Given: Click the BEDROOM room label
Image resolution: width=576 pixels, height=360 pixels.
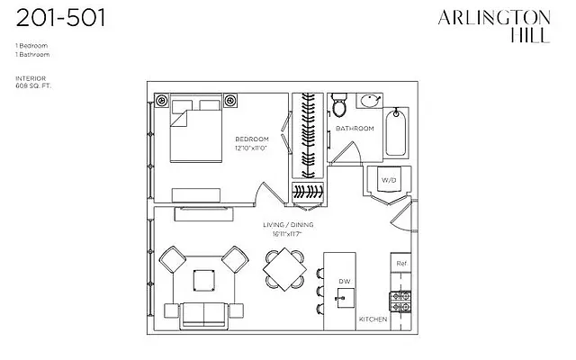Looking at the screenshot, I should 251,139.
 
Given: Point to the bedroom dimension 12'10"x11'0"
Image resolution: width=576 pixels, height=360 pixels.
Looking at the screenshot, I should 251,148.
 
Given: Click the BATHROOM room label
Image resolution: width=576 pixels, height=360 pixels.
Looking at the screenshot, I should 355,129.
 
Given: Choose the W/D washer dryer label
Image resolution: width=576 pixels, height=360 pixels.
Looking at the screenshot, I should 389,179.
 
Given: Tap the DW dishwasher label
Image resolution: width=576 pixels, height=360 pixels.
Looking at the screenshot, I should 344,282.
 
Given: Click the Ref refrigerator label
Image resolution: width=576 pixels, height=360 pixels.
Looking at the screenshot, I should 400,265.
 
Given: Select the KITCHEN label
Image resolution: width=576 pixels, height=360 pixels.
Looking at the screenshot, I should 373,319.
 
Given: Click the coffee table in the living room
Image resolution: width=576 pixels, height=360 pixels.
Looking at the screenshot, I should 204,283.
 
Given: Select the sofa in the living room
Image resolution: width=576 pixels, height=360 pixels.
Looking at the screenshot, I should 204,315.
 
